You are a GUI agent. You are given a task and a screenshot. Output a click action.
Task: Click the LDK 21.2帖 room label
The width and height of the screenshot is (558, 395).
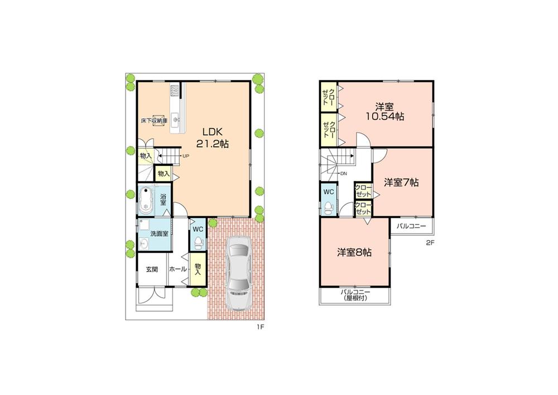213,137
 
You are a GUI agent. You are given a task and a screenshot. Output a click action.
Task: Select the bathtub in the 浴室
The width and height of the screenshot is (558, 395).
147,199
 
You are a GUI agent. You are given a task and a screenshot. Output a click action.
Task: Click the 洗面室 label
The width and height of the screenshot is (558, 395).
159,233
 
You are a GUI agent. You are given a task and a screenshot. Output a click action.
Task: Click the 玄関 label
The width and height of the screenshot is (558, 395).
152,269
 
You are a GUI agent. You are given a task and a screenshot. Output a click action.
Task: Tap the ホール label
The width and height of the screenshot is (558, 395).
177,269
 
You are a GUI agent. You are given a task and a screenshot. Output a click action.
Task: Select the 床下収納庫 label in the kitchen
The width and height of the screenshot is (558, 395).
153,120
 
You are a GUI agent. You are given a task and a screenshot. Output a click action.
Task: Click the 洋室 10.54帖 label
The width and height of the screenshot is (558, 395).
385,111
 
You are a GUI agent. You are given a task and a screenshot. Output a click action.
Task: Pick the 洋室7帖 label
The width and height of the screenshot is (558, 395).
402,182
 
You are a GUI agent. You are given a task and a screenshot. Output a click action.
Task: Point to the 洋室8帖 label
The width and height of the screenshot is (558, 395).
354,252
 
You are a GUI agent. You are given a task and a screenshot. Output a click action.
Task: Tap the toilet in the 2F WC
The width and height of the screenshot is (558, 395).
329,207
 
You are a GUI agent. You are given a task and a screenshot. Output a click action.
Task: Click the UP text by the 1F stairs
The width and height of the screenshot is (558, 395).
185,156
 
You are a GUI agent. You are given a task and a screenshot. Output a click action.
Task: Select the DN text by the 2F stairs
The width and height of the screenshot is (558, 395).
343,173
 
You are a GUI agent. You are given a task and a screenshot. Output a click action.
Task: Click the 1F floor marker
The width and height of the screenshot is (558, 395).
259,327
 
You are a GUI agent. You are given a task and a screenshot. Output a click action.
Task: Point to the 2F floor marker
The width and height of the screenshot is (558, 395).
430,242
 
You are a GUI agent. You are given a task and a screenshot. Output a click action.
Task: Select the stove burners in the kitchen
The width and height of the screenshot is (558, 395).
175,89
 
